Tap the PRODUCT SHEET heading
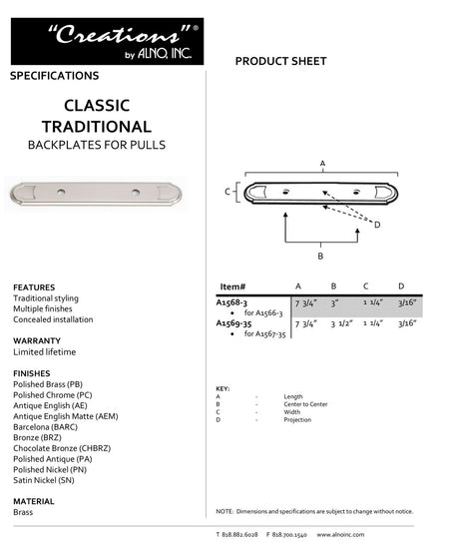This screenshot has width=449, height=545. point(280,62)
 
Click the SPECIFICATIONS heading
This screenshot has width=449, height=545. point(54,76)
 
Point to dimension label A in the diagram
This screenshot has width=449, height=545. point(321,162)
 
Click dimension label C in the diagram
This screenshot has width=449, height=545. point(227,190)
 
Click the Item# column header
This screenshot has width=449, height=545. point(231,285)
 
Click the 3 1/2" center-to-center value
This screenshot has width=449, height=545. point(340,323)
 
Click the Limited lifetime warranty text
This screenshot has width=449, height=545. point(44,352)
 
